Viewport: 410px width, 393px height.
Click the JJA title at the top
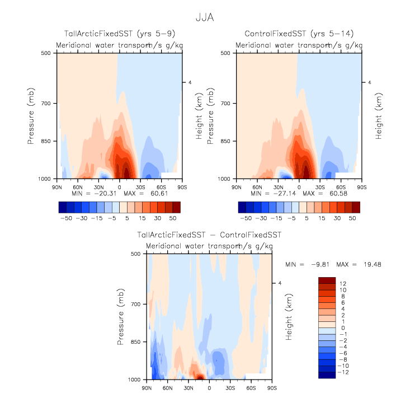tap(205, 18)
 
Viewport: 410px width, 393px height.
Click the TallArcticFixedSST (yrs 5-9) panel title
tap(119, 35)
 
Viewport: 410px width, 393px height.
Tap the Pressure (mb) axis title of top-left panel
tap(32, 116)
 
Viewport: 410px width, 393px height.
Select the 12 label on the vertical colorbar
tap(342, 283)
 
